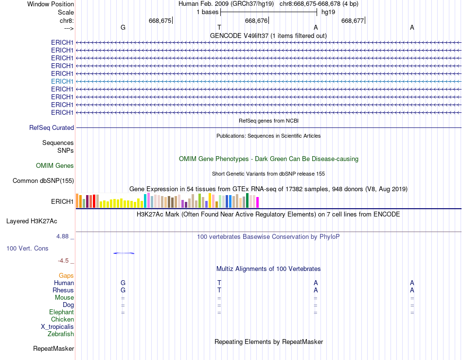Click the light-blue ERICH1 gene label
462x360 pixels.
coord(62,81)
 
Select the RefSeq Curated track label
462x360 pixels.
coord(52,127)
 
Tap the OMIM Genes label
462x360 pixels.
coord(55,166)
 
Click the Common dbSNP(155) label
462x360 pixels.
coord(43,181)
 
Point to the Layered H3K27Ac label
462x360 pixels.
coord(32,221)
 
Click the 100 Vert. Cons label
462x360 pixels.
coord(27,248)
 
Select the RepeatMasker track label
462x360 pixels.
coord(53,349)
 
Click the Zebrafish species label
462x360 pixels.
coord(61,334)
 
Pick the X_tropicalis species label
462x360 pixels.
coord(57,327)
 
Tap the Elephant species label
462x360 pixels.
coord(61,312)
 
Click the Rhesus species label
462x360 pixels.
coord(63,290)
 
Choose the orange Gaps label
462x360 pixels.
coord(66,276)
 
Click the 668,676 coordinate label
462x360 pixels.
coord(256,21)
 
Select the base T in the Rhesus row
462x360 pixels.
coord(219,290)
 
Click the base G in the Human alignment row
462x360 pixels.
coord(123,283)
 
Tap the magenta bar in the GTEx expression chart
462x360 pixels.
coord(257,202)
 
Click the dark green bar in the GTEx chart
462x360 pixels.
coord(247,200)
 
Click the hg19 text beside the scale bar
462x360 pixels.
coord(328,12)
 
